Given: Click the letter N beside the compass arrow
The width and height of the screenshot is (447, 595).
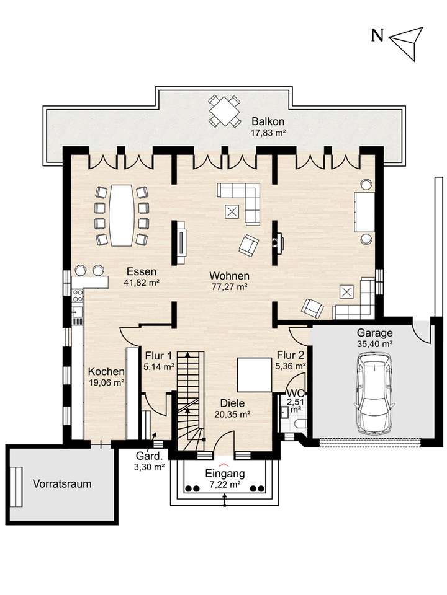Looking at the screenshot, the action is click(x=377, y=35).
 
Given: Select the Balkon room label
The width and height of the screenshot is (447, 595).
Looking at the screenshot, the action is click(x=268, y=121).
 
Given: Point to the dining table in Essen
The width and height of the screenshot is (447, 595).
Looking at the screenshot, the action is click(x=119, y=215).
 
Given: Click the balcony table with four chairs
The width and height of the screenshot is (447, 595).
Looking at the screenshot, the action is click(x=225, y=111).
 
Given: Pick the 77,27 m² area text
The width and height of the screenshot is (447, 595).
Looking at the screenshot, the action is click(x=230, y=287).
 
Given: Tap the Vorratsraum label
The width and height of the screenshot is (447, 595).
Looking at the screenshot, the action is click(x=62, y=484).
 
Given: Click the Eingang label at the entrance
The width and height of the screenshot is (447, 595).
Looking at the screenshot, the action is click(x=225, y=474).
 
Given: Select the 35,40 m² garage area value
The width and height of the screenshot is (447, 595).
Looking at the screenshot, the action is click(x=375, y=344).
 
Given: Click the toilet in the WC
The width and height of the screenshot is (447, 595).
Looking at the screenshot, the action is click(x=300, y=423).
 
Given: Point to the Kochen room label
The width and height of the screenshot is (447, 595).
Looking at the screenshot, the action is click(x=106, y=371).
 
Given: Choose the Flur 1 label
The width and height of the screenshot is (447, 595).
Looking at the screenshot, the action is click(x=158, y=356).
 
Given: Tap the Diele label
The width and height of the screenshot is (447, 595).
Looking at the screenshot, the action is click(x=232, y=403).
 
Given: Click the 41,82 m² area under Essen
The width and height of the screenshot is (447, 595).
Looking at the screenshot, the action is click(x=142, y=283).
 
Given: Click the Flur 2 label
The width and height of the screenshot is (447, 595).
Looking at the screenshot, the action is click(x=291, y=355).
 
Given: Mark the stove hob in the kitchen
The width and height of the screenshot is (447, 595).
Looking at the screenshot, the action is click(x=78, y=295).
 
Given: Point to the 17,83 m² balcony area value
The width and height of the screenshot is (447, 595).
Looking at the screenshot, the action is click(x=268, y=133).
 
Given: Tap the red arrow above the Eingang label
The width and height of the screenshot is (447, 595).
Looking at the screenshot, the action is click(x=223, y=464).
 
